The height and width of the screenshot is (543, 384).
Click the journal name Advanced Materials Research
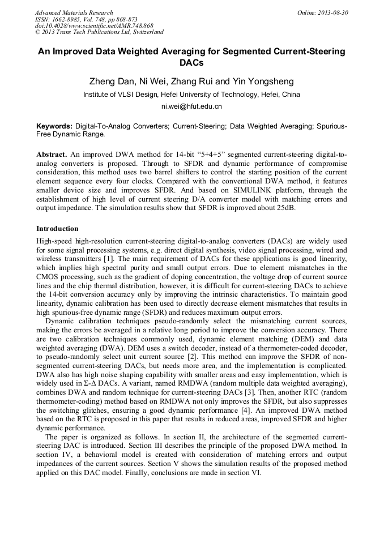[74, 12]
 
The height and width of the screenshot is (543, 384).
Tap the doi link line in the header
[94, 25]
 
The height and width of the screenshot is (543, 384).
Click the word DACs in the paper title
[191, 62]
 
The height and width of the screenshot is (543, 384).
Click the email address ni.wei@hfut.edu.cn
[191, 106]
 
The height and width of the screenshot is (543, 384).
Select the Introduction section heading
[57, 229]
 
